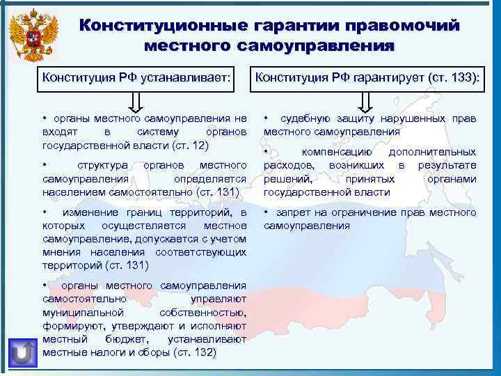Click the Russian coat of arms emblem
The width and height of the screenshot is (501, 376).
pos(33,33)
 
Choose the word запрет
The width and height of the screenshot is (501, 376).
pos(292,212)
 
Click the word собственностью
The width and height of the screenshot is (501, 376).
pos(202,313)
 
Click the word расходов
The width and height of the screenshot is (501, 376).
pos(286,165)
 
